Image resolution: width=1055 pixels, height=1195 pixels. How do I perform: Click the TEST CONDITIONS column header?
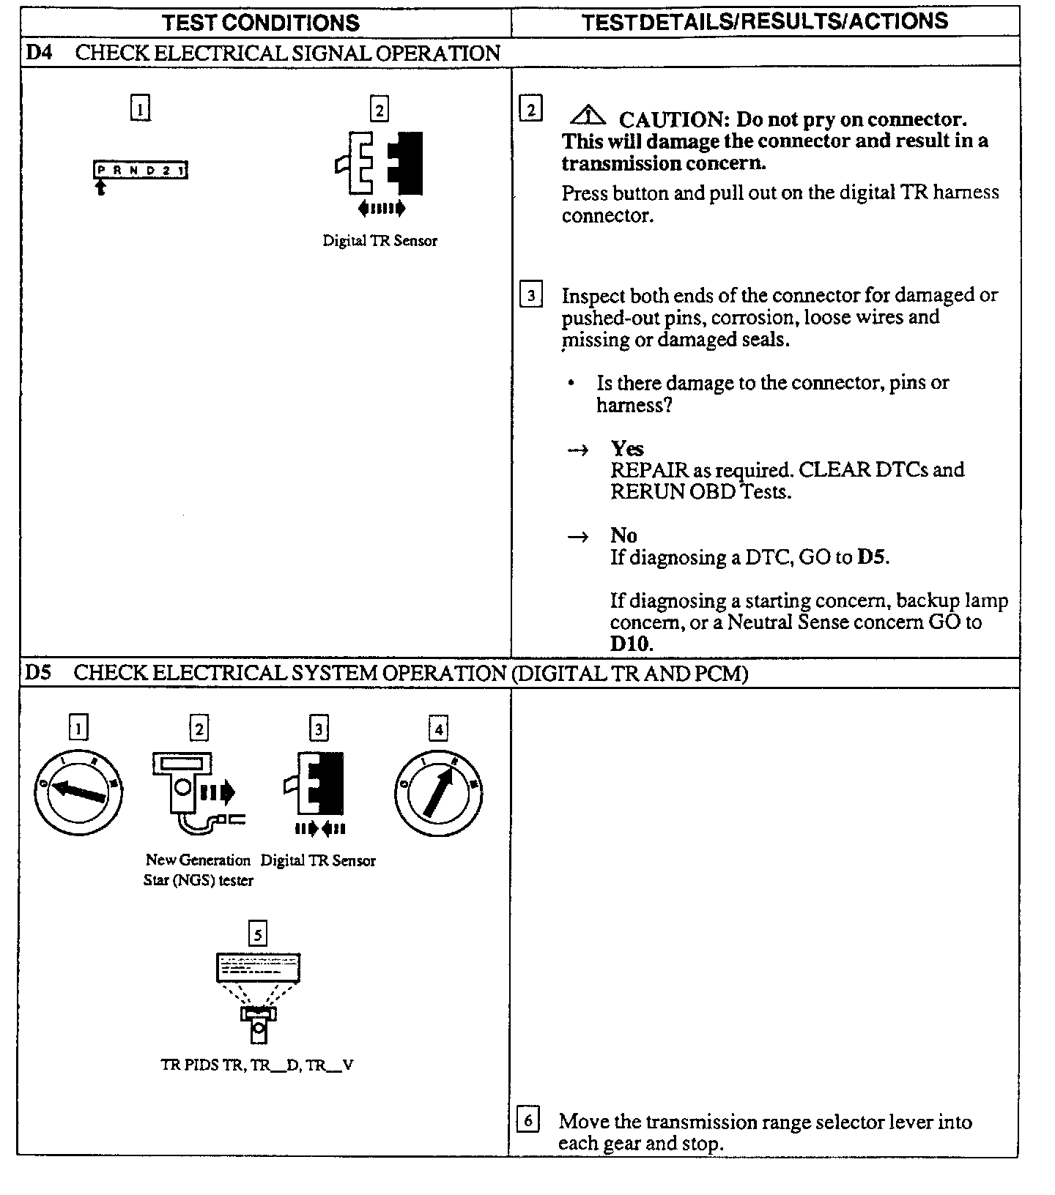(x=261, y=22)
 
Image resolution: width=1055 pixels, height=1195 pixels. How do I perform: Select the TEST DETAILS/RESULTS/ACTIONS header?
(x=765, y=21)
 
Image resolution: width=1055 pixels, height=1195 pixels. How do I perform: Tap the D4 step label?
(x=38, y=53)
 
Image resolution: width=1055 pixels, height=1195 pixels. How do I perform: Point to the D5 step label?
(x=38, y=672)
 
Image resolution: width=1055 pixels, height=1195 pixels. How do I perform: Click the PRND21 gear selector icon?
(x=140, y=171)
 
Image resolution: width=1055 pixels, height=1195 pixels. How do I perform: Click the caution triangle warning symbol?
(x=587, y=116)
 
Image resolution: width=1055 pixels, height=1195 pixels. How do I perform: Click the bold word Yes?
(x=627, y=448)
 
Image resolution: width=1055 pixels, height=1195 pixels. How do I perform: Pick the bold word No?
(x=623, y=535)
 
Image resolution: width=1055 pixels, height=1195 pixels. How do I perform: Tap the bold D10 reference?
(x=630, y=644)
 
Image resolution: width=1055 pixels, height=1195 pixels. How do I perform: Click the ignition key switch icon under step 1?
(x=78, y=792)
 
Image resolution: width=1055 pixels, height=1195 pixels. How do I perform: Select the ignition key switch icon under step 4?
(x=438, y=792)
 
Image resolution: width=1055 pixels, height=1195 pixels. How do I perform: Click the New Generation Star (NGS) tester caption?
(x=198, y=870)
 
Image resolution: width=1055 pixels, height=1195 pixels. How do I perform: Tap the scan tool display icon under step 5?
(x=258, y=997)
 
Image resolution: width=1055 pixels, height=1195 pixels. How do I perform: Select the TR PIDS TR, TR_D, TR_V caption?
(x=257, y=1065)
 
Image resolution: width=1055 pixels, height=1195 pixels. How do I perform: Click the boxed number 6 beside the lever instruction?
(x=528, y=1120)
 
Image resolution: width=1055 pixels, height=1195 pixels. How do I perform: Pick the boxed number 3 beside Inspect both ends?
(x=530, y=296)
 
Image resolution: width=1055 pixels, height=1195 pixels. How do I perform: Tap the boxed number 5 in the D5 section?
(x=258, y=934)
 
